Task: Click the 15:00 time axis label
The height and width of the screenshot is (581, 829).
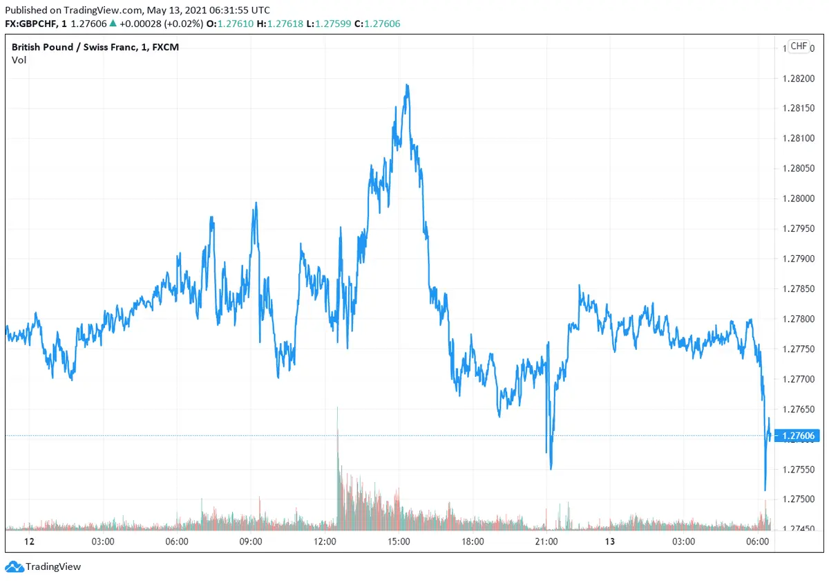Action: point(399,542)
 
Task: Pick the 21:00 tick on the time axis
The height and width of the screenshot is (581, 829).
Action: point(546,542)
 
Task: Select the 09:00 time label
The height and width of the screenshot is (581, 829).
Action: point(251,542)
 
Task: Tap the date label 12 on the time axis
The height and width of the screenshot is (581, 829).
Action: point(29,542)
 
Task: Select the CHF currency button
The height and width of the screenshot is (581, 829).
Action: point(798,46)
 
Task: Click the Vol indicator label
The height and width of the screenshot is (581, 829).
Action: point(19,60)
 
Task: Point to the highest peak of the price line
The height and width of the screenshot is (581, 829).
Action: point(408,85)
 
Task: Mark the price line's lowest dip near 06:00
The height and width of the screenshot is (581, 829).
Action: point(765,490)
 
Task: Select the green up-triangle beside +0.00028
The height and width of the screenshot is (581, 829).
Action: point(113,24)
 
